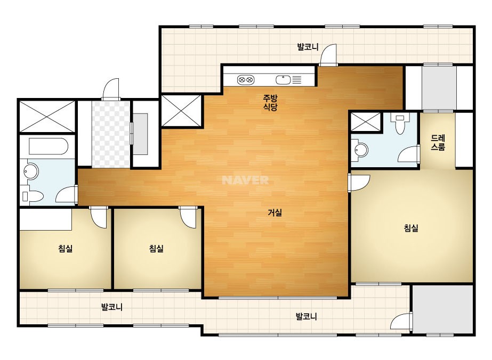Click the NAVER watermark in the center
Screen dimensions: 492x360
pyautogui.click(x=245, y=180)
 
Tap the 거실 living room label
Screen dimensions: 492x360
pyautogui.click(x=275, y=212)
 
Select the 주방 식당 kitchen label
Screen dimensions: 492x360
pyautogui.click(x=270, y=103)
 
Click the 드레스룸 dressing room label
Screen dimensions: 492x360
pyautogui.click(x=438, y=143)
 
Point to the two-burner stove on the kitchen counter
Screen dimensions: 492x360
pyautogui.click(x=245, y=80)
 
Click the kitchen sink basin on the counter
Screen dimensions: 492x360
pyautogui.click(x=284, y=80)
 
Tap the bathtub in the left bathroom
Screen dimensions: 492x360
pyautogui.click(x=48, y=146)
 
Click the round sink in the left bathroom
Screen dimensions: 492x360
pyautogui.click(x=31, y=171)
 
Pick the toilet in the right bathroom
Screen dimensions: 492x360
pyautogui.click(x=400, y=124)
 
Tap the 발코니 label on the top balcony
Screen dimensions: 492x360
pyautogui.click(x=308, y=47)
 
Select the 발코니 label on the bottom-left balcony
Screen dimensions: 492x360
pyautogui.click(x=112, y=307)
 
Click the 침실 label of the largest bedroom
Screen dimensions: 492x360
pyautogui.click(x=411, y=228)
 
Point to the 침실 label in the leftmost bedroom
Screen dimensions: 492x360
pyautogui.click(x=65, y=249)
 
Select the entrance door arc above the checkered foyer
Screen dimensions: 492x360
pyautogui.click(x=111, y=89)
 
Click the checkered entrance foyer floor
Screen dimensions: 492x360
pyautogui.click(x=110, y=134)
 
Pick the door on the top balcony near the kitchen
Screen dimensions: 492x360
pyautogui.click(x=329, y=54)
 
